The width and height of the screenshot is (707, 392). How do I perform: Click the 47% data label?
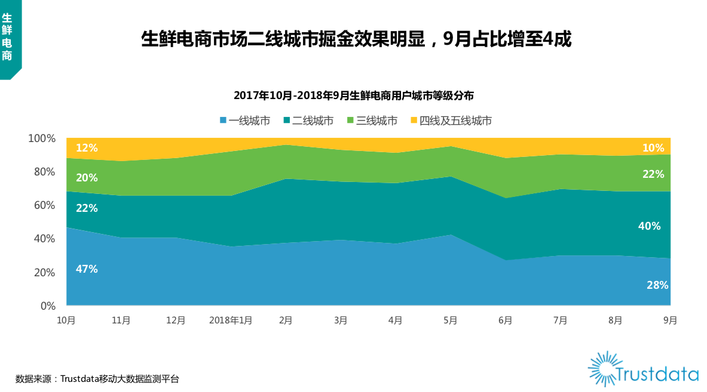coord(87,269)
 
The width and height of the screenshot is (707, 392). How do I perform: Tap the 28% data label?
coord(657,285)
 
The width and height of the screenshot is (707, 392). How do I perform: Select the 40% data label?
coord(650,226)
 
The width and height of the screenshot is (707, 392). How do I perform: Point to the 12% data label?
coord(87,148)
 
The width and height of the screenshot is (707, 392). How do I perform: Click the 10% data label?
coord(653,148)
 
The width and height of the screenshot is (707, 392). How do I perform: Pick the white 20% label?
coord(87,178)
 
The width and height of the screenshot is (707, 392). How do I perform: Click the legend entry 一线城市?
coord(245,121)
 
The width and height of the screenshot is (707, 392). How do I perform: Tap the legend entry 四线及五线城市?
coord(451,121)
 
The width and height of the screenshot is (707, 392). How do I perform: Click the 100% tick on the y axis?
coord(42,138)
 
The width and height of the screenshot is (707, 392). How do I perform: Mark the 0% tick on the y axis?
coord(48,306)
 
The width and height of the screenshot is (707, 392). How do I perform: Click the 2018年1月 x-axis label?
coord(231,320)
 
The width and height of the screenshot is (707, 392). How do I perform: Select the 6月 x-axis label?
coord(505,320)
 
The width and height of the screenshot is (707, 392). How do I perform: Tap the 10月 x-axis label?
coord(66,320)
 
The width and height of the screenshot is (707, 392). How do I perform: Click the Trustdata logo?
coord(643,370)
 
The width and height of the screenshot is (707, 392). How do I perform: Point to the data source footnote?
coord(97,378)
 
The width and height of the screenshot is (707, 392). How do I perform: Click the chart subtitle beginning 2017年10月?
coord(353,95)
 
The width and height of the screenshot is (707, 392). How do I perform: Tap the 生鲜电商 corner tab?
coord(8,37)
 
